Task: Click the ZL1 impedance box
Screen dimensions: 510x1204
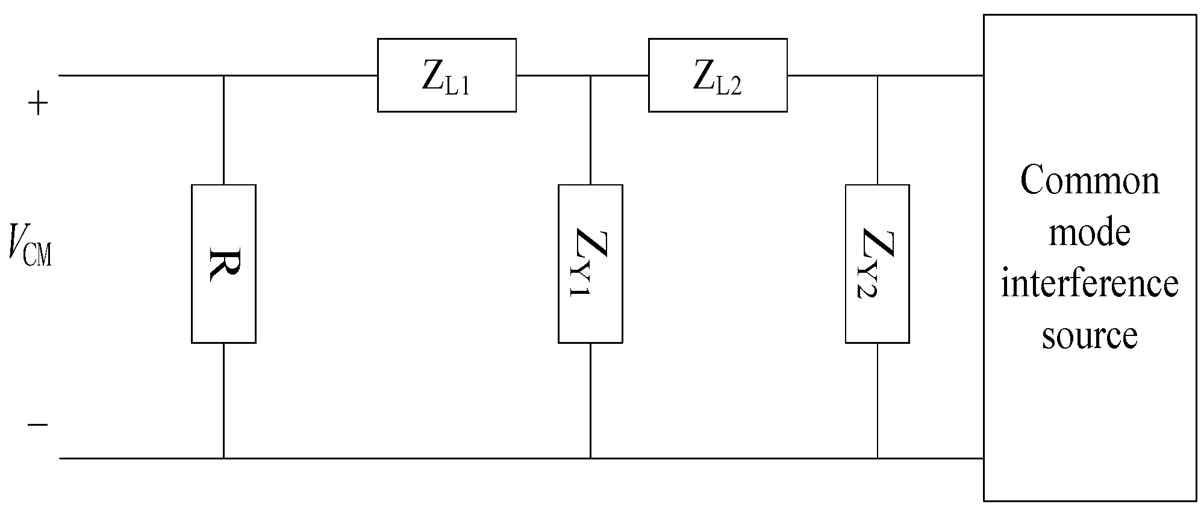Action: [446, 75]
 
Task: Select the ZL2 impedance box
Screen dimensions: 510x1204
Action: [717, 75]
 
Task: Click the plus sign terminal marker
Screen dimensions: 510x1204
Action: [37, 104]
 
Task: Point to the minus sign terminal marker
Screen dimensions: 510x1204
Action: [37, 424]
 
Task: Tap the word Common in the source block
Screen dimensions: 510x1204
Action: [1090, 180]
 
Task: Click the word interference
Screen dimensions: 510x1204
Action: [1090, 283]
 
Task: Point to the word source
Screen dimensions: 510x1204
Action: [1090, 335]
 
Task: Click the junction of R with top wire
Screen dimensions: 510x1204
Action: [223, 76]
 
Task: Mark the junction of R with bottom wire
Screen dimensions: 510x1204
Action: [223, 458]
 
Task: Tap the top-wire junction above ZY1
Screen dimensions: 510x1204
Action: [590, 76]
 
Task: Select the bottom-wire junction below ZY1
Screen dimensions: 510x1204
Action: [590, 458]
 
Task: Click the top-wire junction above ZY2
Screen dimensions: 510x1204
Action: [877, 76]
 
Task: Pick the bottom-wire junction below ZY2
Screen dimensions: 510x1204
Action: [877, 458]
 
